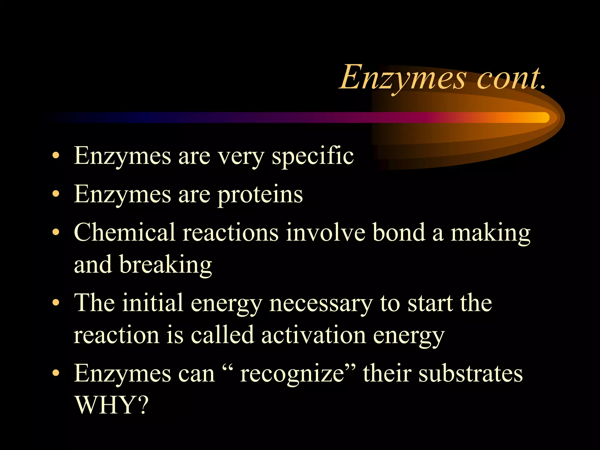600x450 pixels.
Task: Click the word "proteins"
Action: [260, 195]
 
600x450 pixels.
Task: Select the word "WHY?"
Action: [111, 405]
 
